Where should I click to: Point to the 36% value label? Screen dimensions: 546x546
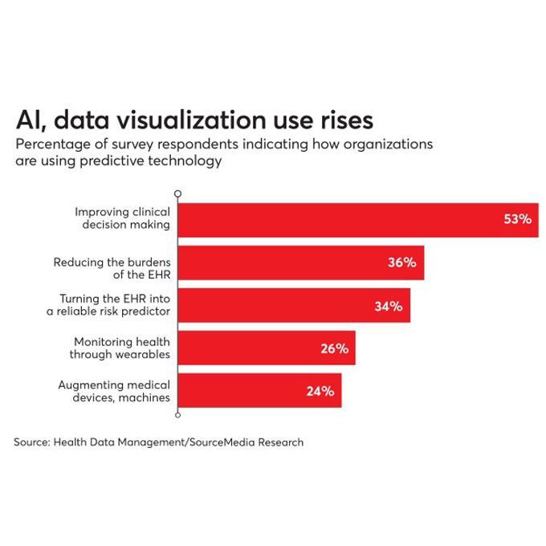click(x=401, y=263)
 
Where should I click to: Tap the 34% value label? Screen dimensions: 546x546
click(x=388, y=306)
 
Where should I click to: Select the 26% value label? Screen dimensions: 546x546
click(x=333, y=348)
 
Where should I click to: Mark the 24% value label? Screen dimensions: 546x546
click(x=320, y=391)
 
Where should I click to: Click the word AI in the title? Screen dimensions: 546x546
click(x=29, y=120)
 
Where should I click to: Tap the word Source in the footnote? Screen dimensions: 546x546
click(x=30, y=442)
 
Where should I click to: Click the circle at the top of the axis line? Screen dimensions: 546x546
click(x=177, y=194)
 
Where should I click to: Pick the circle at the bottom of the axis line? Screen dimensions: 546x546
click(x=177, y=414)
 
